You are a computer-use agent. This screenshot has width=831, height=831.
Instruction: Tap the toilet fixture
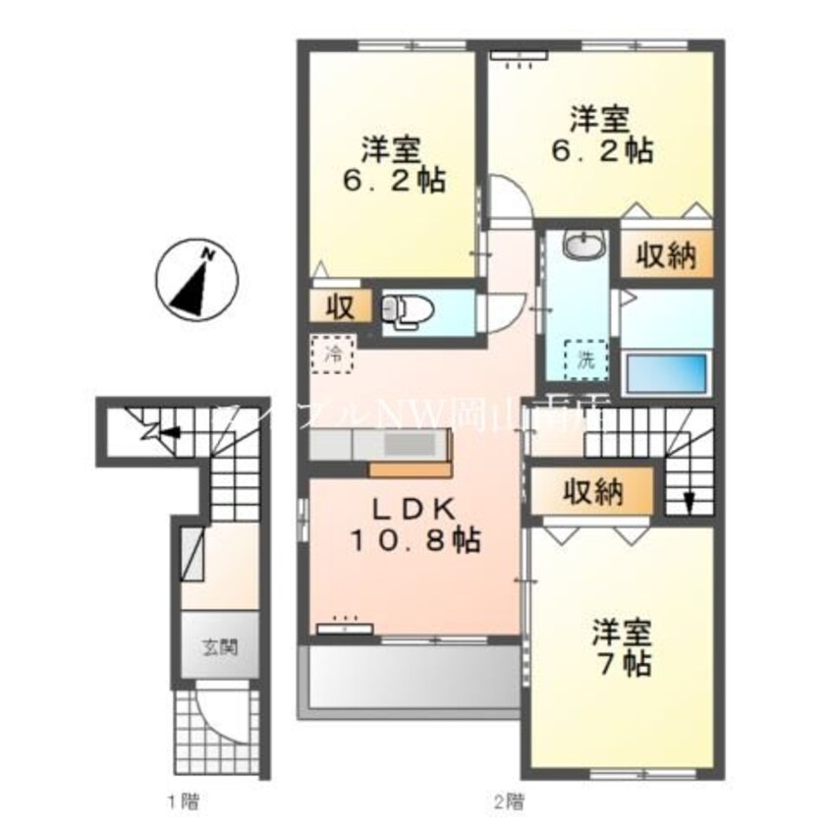402,309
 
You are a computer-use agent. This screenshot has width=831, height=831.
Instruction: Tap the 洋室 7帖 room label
621,646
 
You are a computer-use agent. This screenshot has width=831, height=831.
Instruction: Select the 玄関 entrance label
218,647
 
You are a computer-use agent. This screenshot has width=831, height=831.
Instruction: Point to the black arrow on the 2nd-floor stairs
688,502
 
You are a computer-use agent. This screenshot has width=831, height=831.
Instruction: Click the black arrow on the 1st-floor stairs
171,430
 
